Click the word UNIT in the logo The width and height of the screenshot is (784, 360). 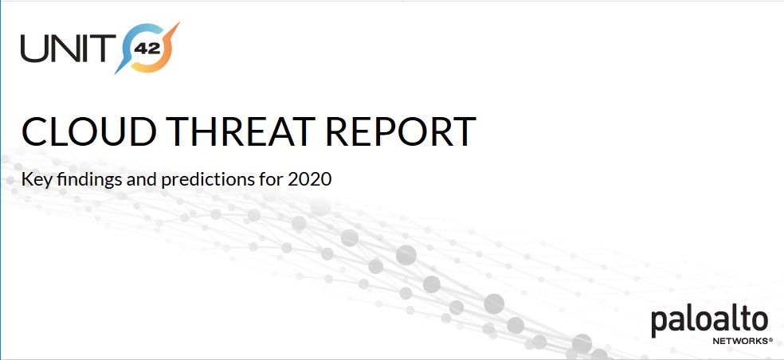[65, 48]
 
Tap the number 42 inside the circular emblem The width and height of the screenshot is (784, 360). [147, 49]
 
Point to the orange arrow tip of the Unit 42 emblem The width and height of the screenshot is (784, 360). [177, 25]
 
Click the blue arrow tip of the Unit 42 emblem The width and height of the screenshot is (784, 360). [117, 72]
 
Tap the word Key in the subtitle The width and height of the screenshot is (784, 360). [37, 178]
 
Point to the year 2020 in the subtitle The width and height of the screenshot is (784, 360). [309, 178]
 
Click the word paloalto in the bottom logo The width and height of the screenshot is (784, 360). [709, 322]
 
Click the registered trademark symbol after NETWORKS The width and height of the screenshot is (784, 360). [771, 339]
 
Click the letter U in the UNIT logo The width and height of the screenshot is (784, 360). [33, 48]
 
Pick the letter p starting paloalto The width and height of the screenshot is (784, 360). [659, 325]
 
